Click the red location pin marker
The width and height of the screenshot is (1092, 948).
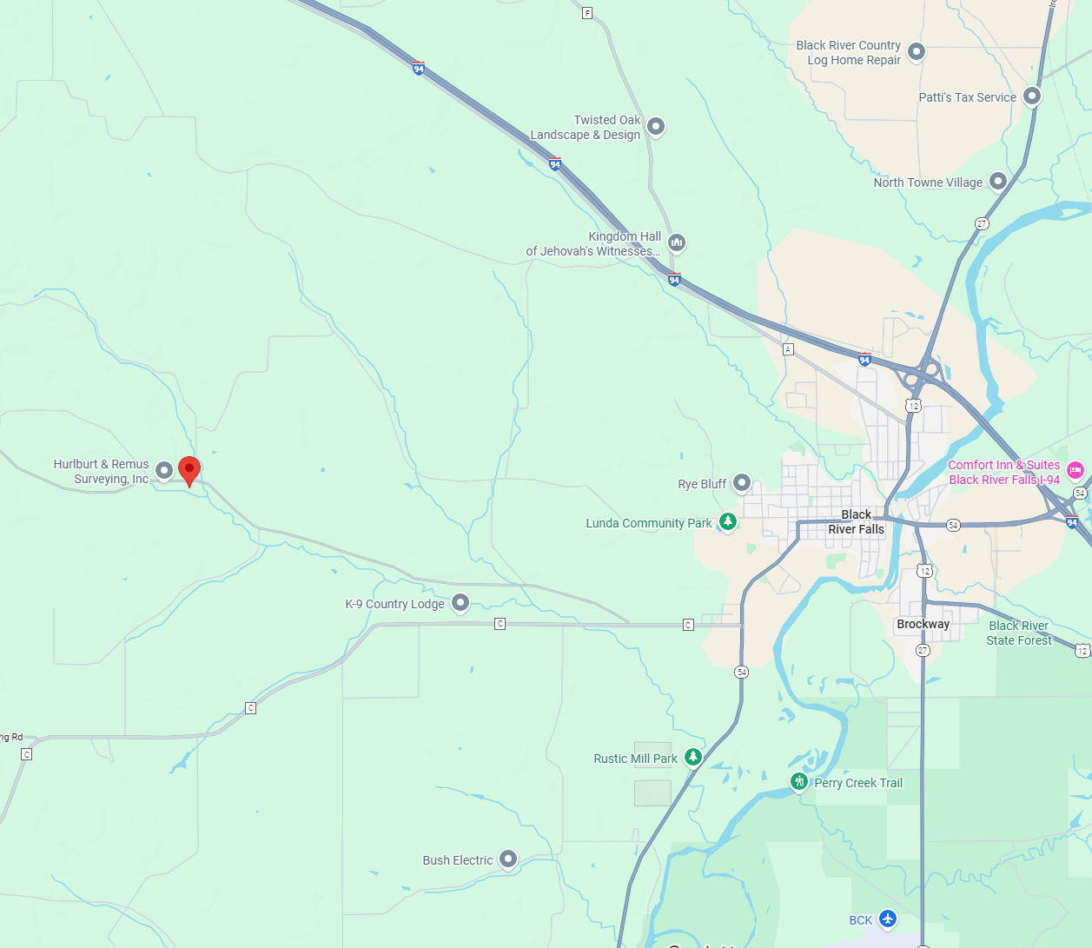189,470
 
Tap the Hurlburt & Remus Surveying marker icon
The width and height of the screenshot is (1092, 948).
164,470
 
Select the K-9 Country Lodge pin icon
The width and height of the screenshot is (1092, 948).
460,602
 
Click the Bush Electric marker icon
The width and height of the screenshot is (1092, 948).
508,859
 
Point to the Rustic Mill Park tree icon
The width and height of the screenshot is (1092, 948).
692,757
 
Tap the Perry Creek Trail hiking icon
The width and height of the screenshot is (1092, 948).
799,781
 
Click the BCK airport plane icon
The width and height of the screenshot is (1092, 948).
887,918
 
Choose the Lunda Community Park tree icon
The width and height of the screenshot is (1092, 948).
728,521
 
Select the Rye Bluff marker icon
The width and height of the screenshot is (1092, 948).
741,482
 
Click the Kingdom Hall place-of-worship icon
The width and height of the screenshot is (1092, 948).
677,242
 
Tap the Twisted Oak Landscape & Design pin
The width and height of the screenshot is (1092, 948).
656,126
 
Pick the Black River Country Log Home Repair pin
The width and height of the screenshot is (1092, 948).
916,52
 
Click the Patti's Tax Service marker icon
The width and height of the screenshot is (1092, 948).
1031,96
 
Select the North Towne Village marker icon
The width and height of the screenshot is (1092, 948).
998,181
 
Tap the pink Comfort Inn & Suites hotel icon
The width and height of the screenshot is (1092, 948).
1075,470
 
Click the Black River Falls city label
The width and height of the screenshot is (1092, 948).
856,522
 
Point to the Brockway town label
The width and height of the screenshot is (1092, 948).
923,624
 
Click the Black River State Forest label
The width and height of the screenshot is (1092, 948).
1019,633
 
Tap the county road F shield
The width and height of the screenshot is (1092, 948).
587,13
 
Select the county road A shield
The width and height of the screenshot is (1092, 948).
788,349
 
